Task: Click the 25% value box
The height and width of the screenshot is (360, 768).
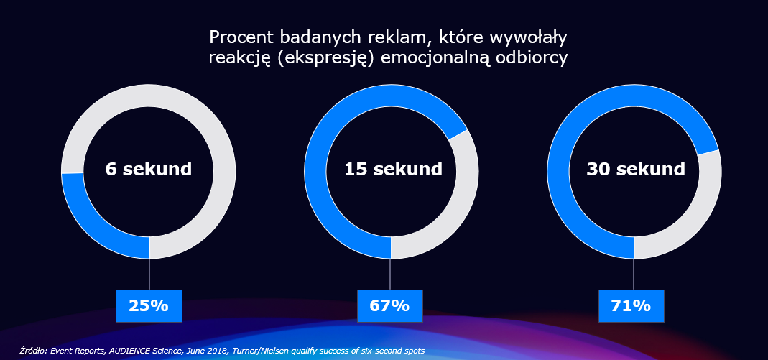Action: [149, 305]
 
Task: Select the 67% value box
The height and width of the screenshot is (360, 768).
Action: [389, 305]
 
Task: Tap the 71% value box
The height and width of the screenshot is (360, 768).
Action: [631, 305]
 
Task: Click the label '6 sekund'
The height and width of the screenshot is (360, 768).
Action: [149, 170]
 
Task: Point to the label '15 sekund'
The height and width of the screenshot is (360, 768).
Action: [392, 170]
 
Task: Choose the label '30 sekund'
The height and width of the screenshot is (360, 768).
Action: [636, 170]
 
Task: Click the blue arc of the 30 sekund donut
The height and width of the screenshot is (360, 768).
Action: [575, 122]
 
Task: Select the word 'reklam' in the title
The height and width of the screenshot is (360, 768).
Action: [380, 37]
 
